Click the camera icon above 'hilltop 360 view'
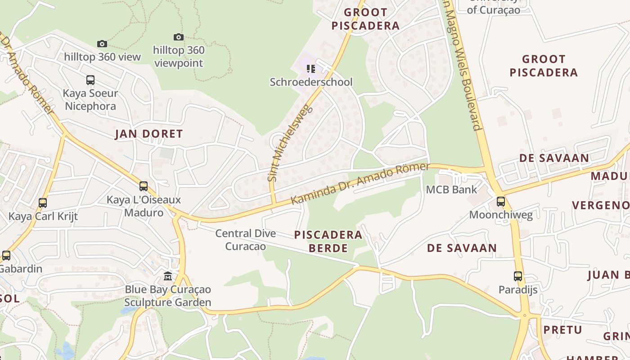click(102, 44)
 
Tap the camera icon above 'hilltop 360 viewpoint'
click(179, 37)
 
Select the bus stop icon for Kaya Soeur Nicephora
click(90, 80)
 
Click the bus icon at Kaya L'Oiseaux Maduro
click(144, 186)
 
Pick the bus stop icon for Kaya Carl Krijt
click(43, 202)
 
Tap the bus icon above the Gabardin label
click(6, 256)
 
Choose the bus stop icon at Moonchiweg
click(500, 201)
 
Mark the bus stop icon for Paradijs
click(518, 276)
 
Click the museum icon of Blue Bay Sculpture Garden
click(168, 276)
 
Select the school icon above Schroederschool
click(311, 68)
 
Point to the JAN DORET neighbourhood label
click(149, 134)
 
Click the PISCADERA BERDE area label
click(328, 241)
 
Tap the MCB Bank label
click(451, 189)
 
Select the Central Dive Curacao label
click(245, 240)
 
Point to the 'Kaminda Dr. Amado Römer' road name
click(360, 184)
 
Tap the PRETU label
click(562, 330)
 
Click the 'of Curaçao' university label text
click(493, 9)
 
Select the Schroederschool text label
click(311, 82)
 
